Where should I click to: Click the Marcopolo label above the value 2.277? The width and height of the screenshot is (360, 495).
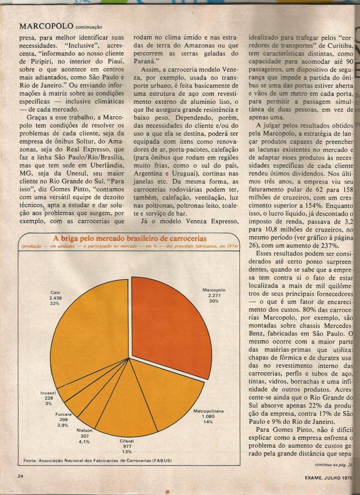coord(214,290)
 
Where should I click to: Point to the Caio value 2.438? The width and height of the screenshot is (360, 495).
coord(56,298)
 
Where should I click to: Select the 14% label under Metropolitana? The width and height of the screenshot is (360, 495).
coord(208,422)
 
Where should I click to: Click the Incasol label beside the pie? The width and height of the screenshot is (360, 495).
coord(48,393)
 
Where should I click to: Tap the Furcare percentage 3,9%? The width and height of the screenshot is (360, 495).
coord(63,425)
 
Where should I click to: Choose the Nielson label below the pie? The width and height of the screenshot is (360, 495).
coord(85,430)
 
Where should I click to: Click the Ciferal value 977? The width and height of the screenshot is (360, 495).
coord(127,446)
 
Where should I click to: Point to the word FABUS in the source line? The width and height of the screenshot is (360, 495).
coord(162,460)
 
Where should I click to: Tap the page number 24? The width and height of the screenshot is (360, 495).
coord(20,476)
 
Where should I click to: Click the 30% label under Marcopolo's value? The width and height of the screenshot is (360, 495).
coord(214,301)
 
